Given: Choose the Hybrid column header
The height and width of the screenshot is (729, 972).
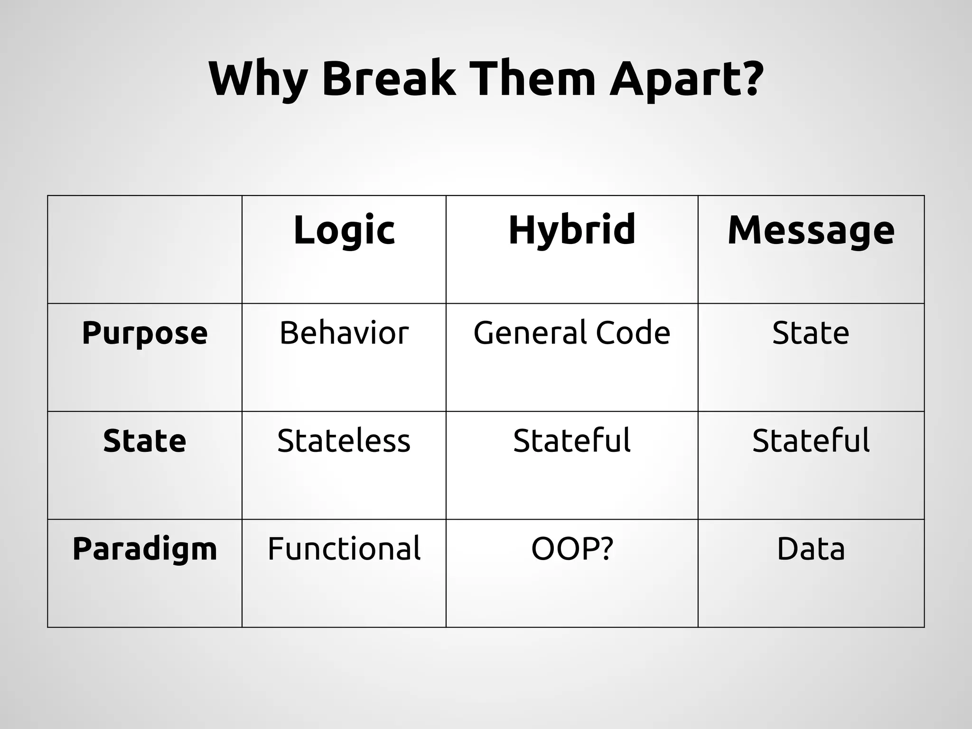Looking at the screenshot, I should click(572, 230).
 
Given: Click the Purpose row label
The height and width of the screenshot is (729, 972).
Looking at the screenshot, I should click(145, 333).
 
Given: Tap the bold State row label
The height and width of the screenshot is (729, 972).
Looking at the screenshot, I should click(145, 441).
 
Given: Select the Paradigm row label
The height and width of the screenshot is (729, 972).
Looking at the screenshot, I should click(145, 549).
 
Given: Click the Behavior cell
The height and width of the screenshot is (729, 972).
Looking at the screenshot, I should click(344, 333).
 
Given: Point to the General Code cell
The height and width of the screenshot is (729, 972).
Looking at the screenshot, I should click(572, 333).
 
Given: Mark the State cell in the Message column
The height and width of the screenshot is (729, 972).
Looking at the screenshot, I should click(811, 333).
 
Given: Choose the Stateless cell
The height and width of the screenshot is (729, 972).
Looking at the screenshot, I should click(344, 441).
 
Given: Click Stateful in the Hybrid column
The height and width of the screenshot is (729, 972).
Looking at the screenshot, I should click(572, 441).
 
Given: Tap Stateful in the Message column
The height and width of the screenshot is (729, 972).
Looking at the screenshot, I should click(811, 441).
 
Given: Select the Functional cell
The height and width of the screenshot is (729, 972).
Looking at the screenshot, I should click(344, 549).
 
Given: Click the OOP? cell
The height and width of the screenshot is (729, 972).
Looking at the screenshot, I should click(572, 549).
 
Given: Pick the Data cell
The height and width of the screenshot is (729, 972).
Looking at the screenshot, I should click(811, 549).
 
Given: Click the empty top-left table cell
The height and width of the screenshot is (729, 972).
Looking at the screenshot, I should click(145, 249).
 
